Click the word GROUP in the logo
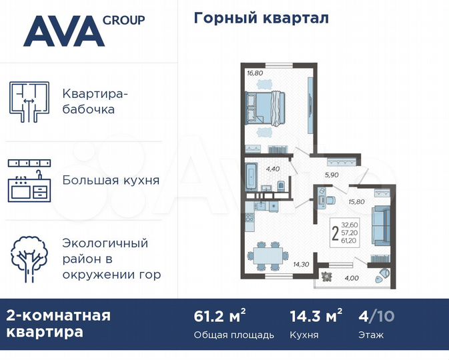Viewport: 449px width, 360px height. point(124,20)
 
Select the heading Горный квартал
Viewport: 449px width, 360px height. point(262,18)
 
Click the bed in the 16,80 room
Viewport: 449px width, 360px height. point(265,107)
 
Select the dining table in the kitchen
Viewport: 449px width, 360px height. point(266,253)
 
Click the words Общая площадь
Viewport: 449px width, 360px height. point(234,335)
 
